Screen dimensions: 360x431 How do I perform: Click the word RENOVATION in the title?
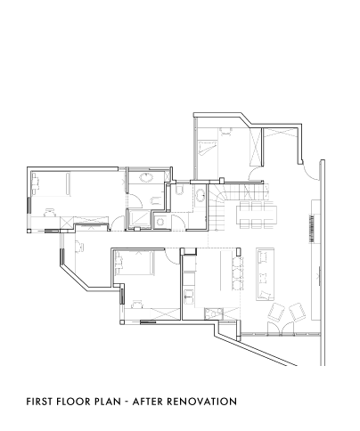[201, 402]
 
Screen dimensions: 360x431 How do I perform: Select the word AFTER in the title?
[147, 402]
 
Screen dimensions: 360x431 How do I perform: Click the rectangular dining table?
[257, 215]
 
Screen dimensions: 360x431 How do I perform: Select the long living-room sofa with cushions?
[265, 274]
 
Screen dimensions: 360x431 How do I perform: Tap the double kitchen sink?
[189, 296]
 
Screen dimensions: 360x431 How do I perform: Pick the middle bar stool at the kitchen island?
[237, 273]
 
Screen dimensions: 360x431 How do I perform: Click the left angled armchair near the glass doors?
[276, 312]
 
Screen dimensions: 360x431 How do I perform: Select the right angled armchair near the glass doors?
[298, 312]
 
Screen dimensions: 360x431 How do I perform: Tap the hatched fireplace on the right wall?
[312, 228]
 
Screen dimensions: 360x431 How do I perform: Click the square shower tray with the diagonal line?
[139, 219]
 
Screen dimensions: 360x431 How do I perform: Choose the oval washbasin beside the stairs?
[200, 195]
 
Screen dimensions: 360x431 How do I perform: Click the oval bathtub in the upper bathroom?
[146, 177]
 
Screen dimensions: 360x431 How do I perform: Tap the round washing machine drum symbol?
[160, 222]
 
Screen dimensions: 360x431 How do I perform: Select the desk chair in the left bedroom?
[49, 213]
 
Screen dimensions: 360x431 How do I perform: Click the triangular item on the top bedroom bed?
[207, 148]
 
